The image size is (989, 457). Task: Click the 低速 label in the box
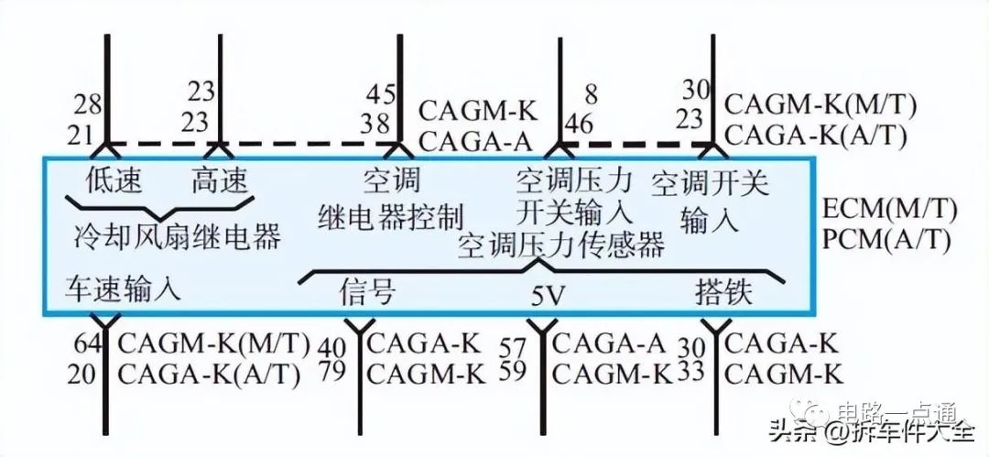click(114, 180)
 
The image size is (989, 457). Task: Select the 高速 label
click(219, 180)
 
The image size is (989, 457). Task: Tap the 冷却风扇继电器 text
click(177, 236)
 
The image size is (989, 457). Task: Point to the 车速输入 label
click(124, 288)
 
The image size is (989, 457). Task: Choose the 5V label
click(549, 297)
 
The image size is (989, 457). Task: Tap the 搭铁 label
click(723, 292)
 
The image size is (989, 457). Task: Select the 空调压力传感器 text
click(561, 245)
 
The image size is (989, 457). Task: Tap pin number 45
click(380, 93)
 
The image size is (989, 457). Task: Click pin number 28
click(88, 103)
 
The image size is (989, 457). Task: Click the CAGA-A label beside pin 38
click(477, 139)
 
